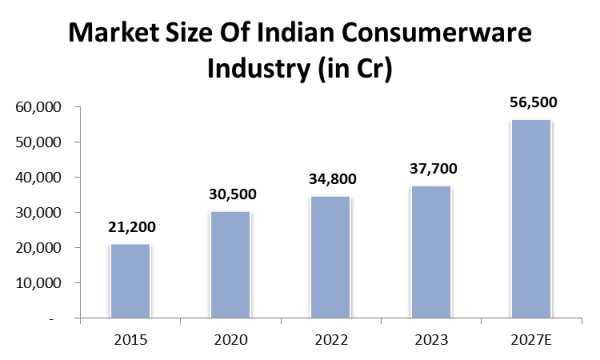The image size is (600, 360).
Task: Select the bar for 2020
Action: coord(230,265)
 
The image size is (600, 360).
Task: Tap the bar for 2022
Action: coord(330,257)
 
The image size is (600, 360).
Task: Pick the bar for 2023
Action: coord(430,252)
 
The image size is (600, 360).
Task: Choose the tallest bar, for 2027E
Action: coord(530,219)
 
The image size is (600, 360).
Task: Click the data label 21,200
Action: coord(131,228)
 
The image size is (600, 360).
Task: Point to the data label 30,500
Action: coord(231,195)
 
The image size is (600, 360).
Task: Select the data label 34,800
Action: coord(331,180)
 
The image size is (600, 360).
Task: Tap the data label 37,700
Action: coord(431,170)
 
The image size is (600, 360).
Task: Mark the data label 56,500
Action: coord(531,103)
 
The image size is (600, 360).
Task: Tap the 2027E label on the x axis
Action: coord(530,338)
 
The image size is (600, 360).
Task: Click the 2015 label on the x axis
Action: coord(130,338)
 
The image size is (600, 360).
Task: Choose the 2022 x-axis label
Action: coord(330,338)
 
